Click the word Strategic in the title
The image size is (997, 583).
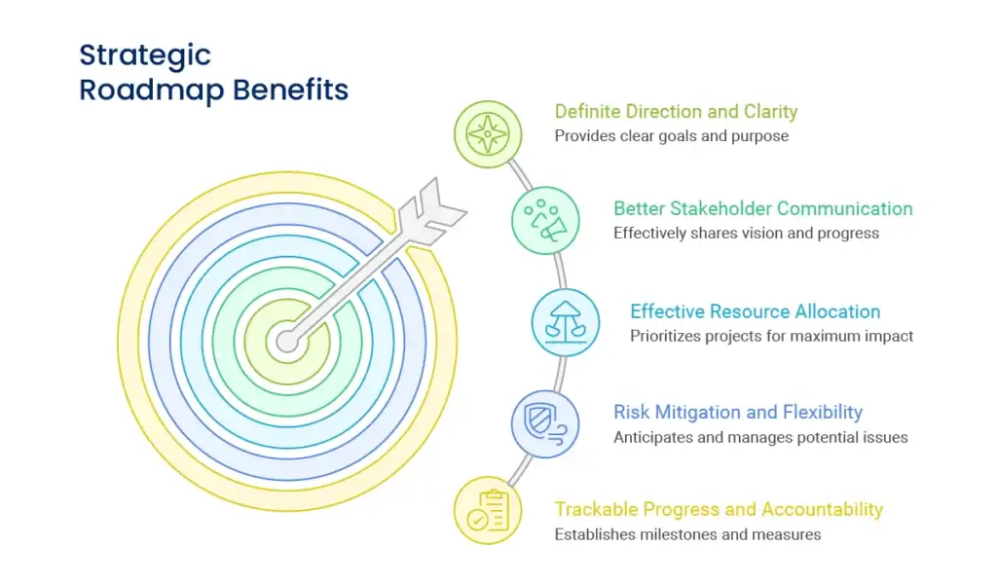[145, 55]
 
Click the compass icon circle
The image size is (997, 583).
[487, 134]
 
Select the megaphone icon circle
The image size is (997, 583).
[545, 220]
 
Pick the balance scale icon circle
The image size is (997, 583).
[565, 322]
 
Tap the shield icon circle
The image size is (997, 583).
[545, 423]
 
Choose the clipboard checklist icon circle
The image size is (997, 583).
[487, 509]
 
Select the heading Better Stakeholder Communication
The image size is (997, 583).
[762, 208]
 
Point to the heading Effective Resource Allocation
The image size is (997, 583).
[755, 311]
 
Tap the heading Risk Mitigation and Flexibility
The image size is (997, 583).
[737, 412]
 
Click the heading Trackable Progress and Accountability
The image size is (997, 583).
[719, 509]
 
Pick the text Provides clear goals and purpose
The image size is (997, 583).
[671, 136]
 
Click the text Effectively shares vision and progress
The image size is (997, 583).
[746, 234]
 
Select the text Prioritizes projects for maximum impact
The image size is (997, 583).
[771, 337]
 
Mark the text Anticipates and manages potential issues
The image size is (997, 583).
[760, 437]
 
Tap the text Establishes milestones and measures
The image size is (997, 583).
[687, 534]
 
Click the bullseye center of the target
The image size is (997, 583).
[286, 342]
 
